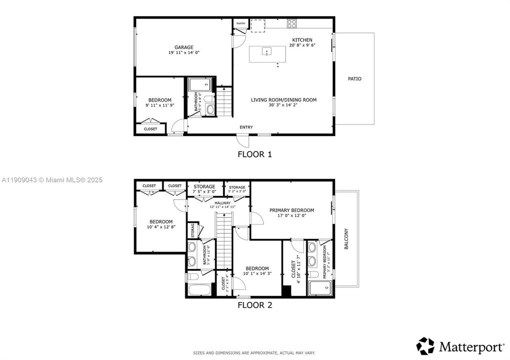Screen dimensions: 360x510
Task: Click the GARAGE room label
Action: [x=184, y=47]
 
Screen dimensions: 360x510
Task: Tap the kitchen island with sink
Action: [x=267, y=54]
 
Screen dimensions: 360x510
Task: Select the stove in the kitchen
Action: [x=292, y=23]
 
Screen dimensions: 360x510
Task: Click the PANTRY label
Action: [x=241, y=23]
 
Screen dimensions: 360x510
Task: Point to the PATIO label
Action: [x=354, y=79]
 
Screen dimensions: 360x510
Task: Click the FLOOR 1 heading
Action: [x=255, y=154]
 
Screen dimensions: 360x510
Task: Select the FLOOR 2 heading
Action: [x=255, y=304]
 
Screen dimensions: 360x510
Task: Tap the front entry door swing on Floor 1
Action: [x=242, y=140]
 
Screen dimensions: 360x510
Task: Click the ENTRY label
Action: [x=246, y=127]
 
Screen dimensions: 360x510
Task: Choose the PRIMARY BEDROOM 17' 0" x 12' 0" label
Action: [x=292, y=210]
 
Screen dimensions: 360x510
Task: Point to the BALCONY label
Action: [x=346, y=239]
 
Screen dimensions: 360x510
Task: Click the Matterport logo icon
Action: [x=426, y=346]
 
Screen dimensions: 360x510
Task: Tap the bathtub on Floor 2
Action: [x=200, y=290]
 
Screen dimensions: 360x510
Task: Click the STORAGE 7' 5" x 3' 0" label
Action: [x=204, y=186]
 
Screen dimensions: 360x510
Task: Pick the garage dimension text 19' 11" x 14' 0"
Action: [x=184, y=52]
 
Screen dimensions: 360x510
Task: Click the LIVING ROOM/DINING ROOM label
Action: [x=284, y=100]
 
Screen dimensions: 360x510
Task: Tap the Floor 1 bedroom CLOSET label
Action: [x=150, y=129]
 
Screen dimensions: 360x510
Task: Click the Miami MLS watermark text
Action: [x=51, y=179]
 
